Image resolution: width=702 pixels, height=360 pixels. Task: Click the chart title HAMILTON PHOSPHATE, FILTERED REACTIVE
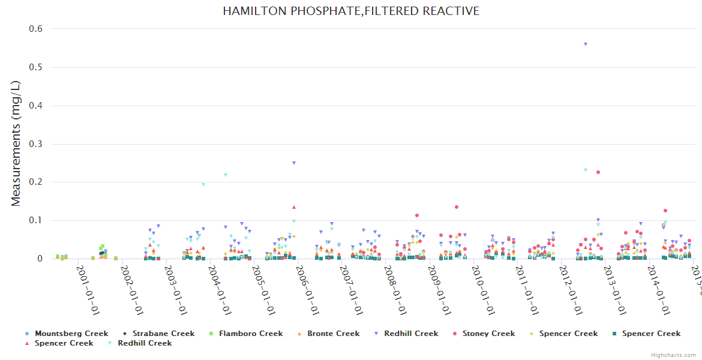click(351, 11)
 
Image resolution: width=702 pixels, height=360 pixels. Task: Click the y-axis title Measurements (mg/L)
click(16, 145)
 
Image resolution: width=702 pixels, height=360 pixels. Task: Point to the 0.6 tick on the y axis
click(36, 29)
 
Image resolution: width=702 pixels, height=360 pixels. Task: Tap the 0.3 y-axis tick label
click(36, 144)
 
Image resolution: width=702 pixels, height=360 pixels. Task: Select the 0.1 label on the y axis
click(36, 221)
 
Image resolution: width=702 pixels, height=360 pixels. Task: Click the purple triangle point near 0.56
click(586, 44)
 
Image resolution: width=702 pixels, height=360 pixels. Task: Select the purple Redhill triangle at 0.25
click(294, 163)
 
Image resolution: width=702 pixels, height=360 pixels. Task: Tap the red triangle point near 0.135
click(294, 207)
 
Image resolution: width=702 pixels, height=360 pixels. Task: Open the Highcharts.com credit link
click(674, 355)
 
